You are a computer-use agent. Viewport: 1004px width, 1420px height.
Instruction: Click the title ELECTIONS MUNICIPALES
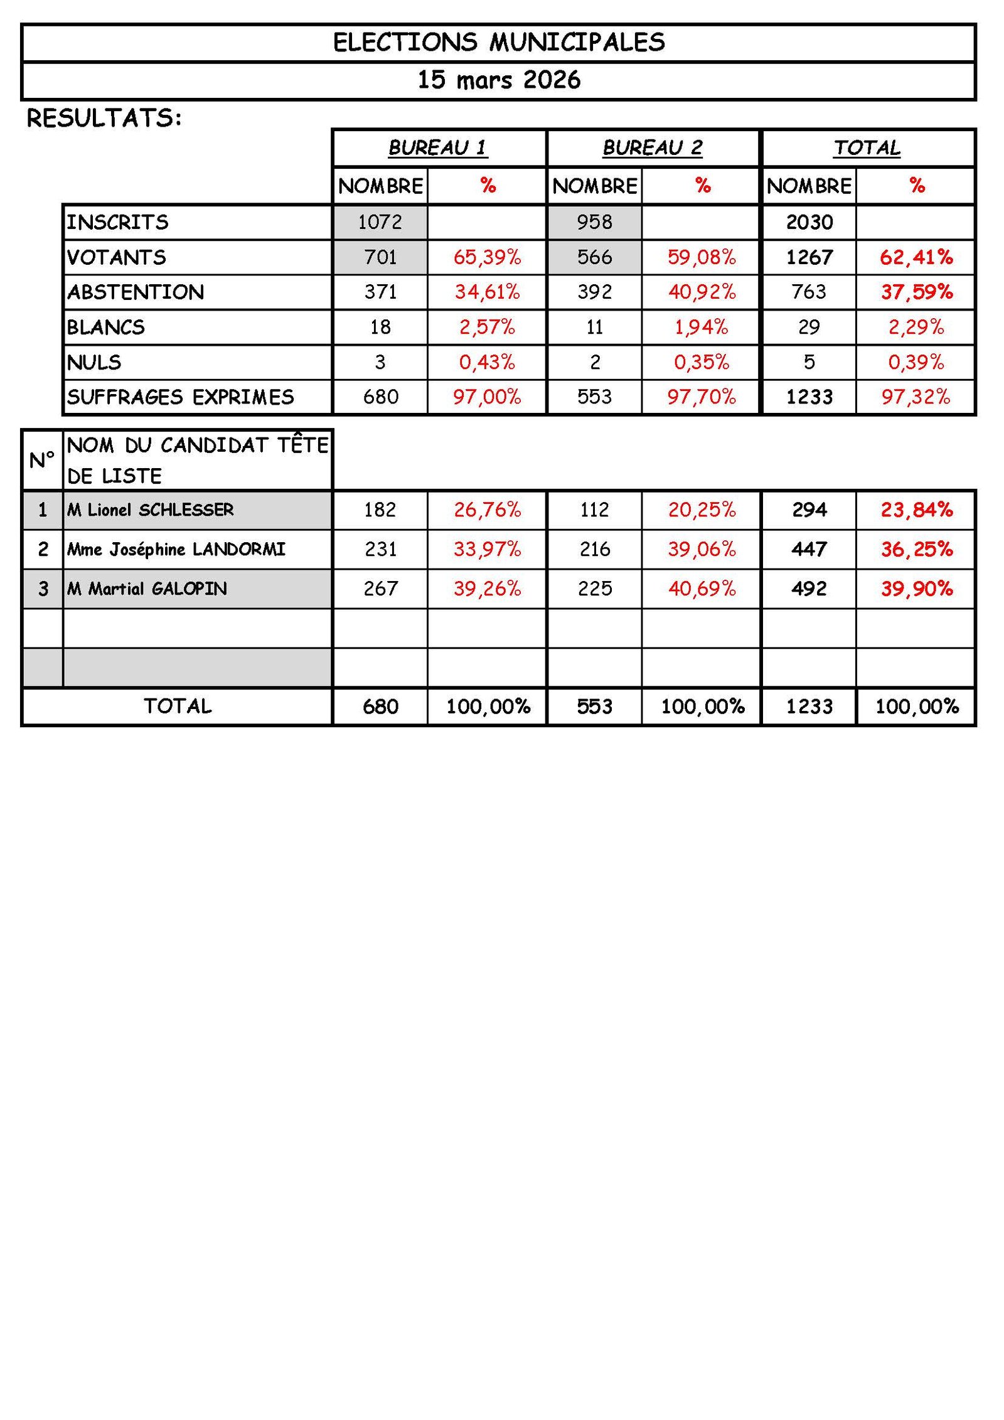pyautogui.click(x=499, y=42)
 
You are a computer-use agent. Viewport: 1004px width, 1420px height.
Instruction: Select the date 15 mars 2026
pyautogui.click(x=499, y=80)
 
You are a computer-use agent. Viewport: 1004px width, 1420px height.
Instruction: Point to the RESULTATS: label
pyautogui.click(x=104, y=118)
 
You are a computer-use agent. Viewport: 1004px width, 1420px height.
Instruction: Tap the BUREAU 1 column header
pyautogui.click(x=438, y=147)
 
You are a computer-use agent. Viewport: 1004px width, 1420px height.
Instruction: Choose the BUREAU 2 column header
pyautogui.click(x=653, y=147)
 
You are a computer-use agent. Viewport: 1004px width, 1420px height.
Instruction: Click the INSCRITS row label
pyautogui.click(x=118, y=222)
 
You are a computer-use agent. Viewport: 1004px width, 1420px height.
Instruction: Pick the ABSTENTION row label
pyautogui.click(x=136, y=292)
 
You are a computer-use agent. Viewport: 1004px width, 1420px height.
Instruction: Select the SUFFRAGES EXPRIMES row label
pyautogui.click(x=181, y=397)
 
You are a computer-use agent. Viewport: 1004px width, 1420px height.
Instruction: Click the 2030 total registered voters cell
pyautogui.click(x=809, y=222)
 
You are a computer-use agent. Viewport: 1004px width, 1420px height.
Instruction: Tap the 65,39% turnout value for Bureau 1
pyautogui.click(x=487, y=257)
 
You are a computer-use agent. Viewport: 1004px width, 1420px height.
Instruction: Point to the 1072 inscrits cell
pyautogui.click(x=380, y=222)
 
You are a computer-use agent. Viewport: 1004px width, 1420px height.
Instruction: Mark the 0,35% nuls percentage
pyautogui.click(x=702, y=362)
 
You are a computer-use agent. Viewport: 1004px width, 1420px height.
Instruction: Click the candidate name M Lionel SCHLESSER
pyautogui.click(x=151, y=510)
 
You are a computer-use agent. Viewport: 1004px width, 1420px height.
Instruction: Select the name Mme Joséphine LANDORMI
pyautogui.click(x=176, y=549)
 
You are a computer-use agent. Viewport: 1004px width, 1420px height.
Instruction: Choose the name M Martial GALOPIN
pyautogui.click(x=147, y=589)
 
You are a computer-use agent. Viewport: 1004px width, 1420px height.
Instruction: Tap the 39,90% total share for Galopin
pyautogui.click(x=917, y=589)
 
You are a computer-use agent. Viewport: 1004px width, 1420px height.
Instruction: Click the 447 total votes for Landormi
pyautogui.click(x=809, y=549)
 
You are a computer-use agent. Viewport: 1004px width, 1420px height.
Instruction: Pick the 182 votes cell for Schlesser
pyautogui.click(x=380, y=510)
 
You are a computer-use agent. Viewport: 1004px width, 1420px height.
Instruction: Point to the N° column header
pyautogui.click(x=42, y=460)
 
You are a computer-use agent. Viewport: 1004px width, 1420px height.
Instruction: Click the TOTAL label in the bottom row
pyautogui.click(x=178, y=707)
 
